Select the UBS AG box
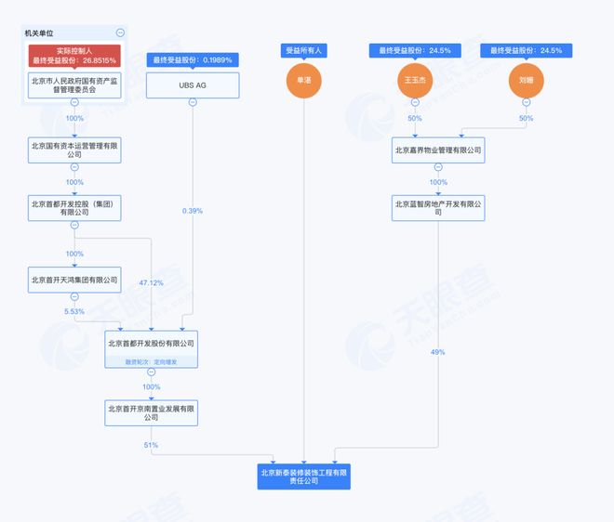(x=193, y=85)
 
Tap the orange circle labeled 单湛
(x=305, y=81)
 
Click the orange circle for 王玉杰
(x=415, y=81)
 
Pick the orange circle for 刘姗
(x=527, y=81)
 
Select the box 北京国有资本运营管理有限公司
(x=73, y=149)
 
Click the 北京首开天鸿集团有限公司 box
(x=73, y=279)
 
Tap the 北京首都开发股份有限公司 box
(x=151, y=344)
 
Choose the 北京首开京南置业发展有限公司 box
(x=151, y=411)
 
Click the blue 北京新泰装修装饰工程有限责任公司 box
(x=304, y=476)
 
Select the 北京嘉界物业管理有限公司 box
(x=438, y=149)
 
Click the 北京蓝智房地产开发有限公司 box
(x=438, y=207)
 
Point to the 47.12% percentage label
(x=151, y=281)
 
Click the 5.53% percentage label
(x=73, y=310)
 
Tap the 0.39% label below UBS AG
(x=193, y=211)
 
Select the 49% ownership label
(x=438, y=352)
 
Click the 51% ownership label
(x=151, y=445)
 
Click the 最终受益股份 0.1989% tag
(x=193, y=59)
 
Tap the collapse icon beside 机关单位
(x=120, y=33)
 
